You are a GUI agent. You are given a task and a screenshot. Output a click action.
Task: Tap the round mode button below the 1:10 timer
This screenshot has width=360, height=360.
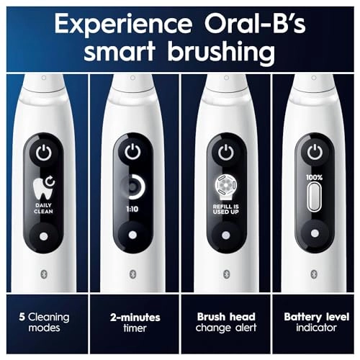[132, 236]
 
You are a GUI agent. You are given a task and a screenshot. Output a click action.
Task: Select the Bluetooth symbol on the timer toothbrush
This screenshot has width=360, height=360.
[132, 274]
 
